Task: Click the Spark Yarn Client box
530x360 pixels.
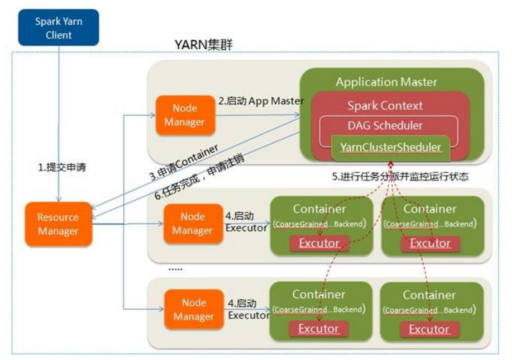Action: tap(59, 28)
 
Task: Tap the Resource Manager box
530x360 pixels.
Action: tap(58, 224)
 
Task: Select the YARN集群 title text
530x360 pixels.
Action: tap(203, 44)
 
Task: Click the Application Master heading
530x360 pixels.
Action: tap(386, 82)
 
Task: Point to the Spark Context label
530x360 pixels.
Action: tap(385, 106)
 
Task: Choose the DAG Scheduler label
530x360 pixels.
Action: tap(385, 126)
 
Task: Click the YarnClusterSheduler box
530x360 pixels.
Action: tap(391, 148)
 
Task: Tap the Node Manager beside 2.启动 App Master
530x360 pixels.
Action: tap(185, 115)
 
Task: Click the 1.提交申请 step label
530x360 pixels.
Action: tap(62, 167)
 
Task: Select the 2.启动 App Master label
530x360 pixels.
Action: tap(261, 101)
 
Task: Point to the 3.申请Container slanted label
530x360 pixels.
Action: tap(184, 162)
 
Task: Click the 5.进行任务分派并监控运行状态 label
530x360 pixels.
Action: tap(400, 176)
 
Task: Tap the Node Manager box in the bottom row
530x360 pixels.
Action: tap(194, 309)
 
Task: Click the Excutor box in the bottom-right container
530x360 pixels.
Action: tap(429, 329)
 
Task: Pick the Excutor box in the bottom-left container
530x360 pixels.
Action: tap(318, 329)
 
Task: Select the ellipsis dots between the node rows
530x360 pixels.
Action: tap(175, 269)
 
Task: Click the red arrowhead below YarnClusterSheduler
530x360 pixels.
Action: tap(391, 164)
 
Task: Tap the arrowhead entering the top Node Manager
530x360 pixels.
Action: tap(152, 115)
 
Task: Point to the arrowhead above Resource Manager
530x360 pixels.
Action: tap(59, 199)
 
